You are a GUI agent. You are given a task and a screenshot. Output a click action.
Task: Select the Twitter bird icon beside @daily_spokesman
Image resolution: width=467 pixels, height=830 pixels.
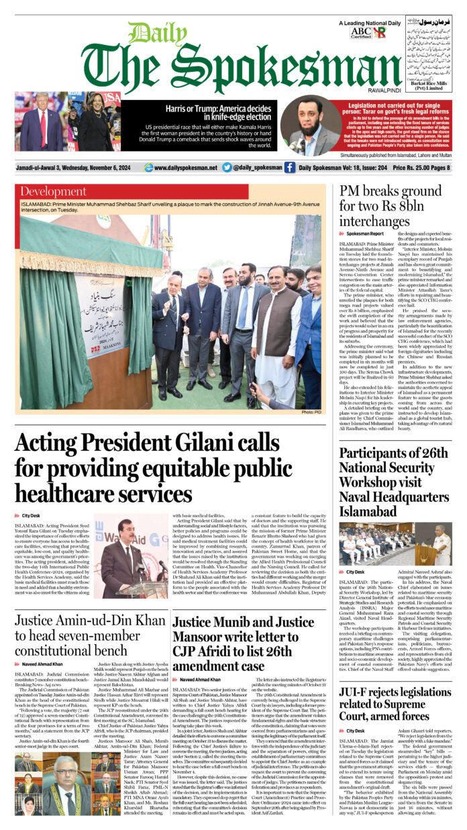[227, 168]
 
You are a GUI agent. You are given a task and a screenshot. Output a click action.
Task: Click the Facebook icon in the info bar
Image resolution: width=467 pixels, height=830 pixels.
[289, 168]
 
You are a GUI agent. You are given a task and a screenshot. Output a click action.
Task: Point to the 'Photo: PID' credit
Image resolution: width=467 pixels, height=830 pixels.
[313, 412]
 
